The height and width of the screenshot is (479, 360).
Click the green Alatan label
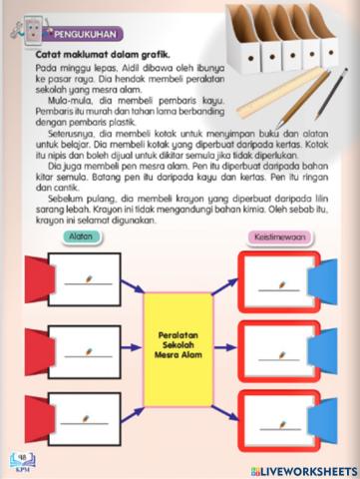pos(80,237)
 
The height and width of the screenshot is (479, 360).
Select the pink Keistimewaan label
pos(280,237)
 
